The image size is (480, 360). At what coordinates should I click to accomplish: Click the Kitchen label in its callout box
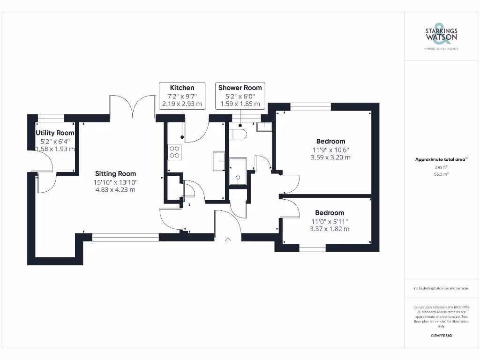click(182, 88)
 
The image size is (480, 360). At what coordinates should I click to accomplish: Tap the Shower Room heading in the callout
click(240, 88)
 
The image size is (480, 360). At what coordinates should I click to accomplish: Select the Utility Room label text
click(55, 133)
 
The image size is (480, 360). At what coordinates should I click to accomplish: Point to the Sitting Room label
click(115, 173)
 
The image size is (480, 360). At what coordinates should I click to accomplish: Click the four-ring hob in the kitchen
click(174, 151)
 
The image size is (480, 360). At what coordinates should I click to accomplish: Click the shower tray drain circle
click(238, 178)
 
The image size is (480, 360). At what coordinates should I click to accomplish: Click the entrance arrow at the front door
click(228, 240)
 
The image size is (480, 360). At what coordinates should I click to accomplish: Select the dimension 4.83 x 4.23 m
click(115, 189)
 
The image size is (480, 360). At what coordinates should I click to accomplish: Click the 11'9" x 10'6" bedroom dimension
click(330, 150)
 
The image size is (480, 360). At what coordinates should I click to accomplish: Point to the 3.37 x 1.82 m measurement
click(330, 229)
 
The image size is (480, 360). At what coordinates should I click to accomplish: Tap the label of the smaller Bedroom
click(330, 213)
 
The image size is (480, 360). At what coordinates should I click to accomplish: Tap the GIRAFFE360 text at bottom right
click(441, 336)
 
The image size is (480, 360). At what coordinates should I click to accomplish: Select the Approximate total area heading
click(440, 160)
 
